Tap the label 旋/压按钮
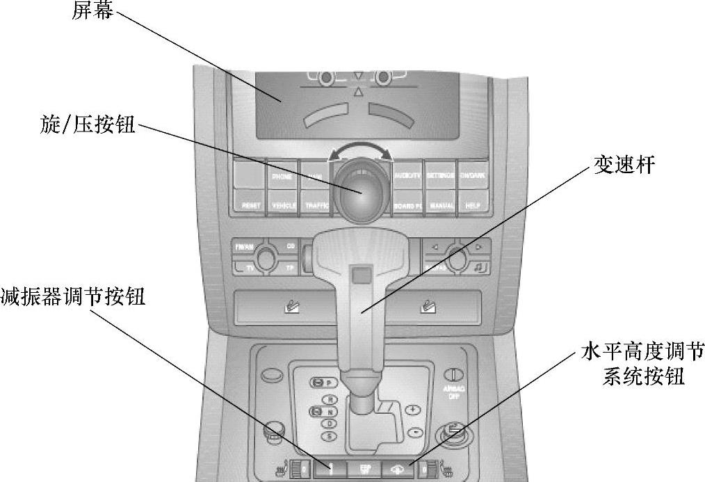click(88, 125)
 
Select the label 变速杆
click(623, 165)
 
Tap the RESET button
click(250, 206)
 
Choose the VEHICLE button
click(283, 206)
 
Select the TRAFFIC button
click(316, 206)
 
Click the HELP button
click(473, 206)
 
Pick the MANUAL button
click(441, 206)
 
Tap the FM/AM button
click(244, 247)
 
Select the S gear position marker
click(332, 435)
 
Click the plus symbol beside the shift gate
click(413, 410)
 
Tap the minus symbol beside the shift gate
click(414, 431)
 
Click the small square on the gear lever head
click(359, 275)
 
